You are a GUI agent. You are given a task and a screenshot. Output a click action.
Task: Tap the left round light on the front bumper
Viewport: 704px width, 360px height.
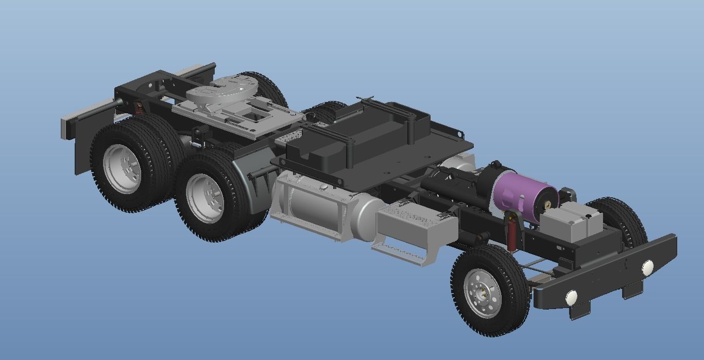571,297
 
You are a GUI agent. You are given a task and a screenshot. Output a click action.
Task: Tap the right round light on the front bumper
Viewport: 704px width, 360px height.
647,267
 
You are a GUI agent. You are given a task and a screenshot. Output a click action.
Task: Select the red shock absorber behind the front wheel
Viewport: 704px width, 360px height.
512,235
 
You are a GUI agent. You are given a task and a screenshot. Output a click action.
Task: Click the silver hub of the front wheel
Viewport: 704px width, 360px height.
483,293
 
